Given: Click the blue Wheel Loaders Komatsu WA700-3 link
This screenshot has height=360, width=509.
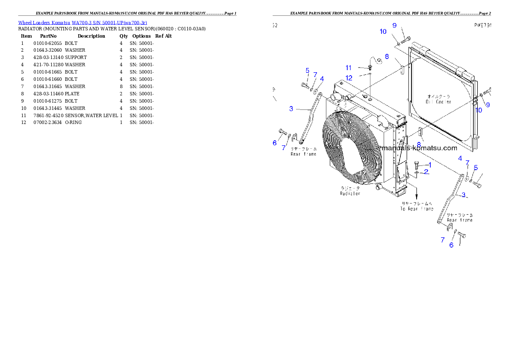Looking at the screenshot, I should click(x=83, y=23).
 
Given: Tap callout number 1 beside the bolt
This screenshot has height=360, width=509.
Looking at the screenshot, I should click(x=430, y=165).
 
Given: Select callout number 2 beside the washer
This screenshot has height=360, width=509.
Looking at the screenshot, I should click(x=426, y=172).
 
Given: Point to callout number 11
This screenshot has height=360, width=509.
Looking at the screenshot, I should click(x=349, y=68).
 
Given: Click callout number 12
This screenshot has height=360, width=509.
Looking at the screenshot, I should click(x=349, y=78).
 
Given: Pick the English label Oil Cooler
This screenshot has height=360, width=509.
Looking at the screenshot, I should click(x=438, y=102).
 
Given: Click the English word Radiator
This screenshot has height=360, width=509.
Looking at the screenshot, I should click(x=350, y=194).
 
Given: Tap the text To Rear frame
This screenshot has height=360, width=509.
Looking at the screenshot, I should click(x=417, y=209).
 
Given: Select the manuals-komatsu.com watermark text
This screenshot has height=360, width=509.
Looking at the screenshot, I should click(x=420, y=148).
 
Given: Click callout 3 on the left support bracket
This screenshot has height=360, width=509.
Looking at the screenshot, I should click(x=291, y=109).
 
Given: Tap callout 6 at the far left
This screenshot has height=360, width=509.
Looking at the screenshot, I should click(x=275, y=143).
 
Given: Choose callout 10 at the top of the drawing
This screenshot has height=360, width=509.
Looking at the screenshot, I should click(x=383, y=32).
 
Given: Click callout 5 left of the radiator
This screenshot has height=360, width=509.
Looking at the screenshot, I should click(x=307, y=70).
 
